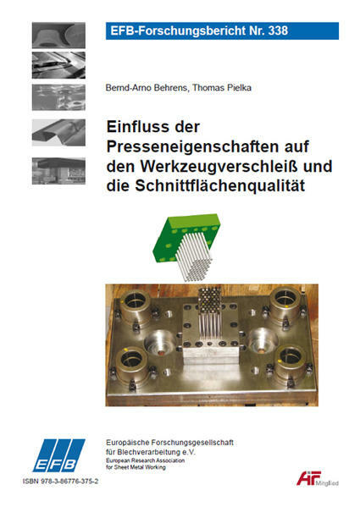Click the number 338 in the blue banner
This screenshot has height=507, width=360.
278,30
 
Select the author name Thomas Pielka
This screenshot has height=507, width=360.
222,88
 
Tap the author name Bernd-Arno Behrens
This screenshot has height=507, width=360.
147,88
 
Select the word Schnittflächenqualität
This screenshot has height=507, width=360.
220,185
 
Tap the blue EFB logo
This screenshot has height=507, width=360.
58,455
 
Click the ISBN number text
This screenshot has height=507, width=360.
60,481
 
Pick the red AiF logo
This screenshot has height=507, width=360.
309,478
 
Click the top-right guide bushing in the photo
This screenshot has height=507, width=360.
286,303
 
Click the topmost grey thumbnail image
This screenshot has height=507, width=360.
58,36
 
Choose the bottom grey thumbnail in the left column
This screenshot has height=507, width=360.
58,171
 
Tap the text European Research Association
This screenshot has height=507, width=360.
145,460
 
